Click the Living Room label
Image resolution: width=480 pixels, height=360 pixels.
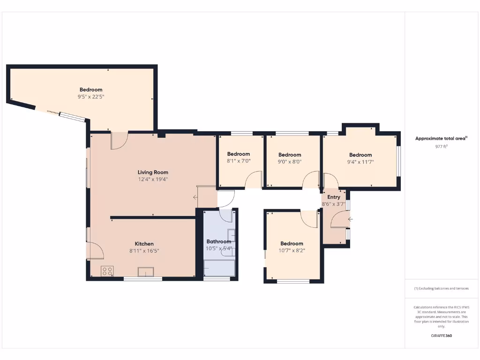pos(153,172)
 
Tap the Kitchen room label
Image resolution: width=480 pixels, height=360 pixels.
pos(144,244)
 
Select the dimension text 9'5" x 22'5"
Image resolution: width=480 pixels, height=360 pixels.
pos(91,97)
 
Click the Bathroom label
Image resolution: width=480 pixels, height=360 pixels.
pos(219,241)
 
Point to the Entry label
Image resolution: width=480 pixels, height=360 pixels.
pos(334,197)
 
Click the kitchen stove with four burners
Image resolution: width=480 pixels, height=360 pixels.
pos(107,271)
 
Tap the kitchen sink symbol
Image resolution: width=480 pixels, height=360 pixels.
pos(146,271)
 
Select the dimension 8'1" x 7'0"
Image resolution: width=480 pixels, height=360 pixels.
pos(239,161)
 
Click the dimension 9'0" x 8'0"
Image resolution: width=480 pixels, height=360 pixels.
pos(290,162)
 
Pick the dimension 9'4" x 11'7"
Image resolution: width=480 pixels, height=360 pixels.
pos(360,162)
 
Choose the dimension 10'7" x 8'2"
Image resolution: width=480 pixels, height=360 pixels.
pos(292,251)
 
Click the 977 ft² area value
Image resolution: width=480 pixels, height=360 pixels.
pos(441,146)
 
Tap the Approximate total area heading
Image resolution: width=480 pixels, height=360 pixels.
pos(441,138)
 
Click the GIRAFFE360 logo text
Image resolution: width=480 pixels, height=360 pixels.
pos(441,336)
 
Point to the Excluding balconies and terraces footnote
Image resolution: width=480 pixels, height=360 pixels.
pos(441,288)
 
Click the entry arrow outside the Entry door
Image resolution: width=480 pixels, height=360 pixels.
pos(351,219)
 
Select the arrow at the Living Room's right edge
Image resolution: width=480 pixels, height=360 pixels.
pos(195,197)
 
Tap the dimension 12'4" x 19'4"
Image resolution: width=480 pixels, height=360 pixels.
pos(153,179)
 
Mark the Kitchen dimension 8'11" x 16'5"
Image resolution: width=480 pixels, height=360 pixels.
pos(144,251)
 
